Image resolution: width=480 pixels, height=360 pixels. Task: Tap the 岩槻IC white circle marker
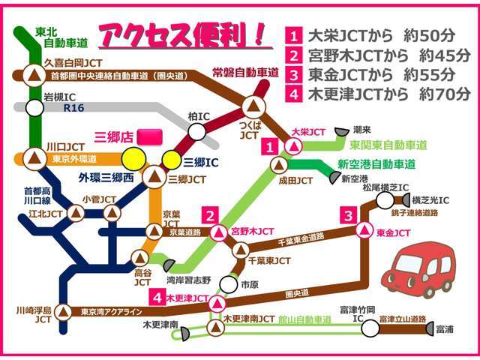34,107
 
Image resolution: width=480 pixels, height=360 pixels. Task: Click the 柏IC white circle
196,132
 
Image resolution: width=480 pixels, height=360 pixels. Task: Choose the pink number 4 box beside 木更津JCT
157,296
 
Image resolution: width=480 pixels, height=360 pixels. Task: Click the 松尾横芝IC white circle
385,199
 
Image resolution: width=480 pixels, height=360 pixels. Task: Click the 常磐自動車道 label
246,72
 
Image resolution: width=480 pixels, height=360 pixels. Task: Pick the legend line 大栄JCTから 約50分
379,35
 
